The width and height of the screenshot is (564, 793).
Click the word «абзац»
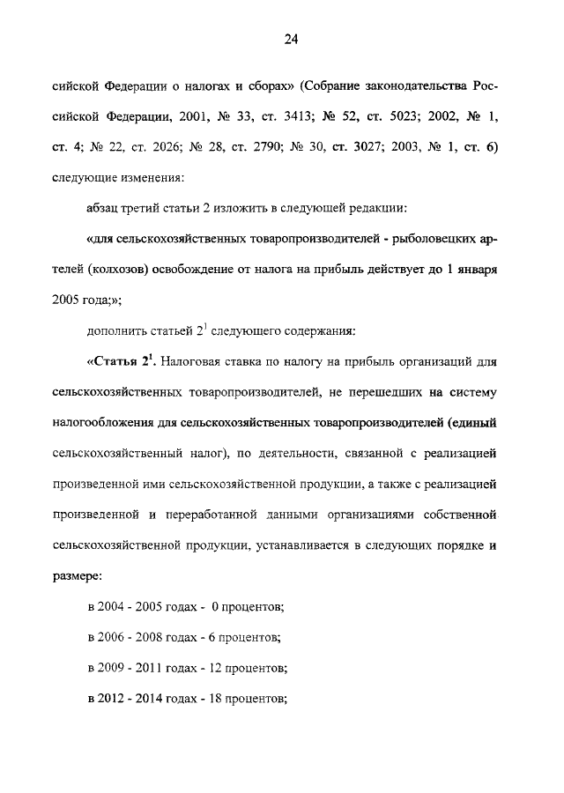(x=107, y=208)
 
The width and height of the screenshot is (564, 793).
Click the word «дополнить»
(x=120, y=331)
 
